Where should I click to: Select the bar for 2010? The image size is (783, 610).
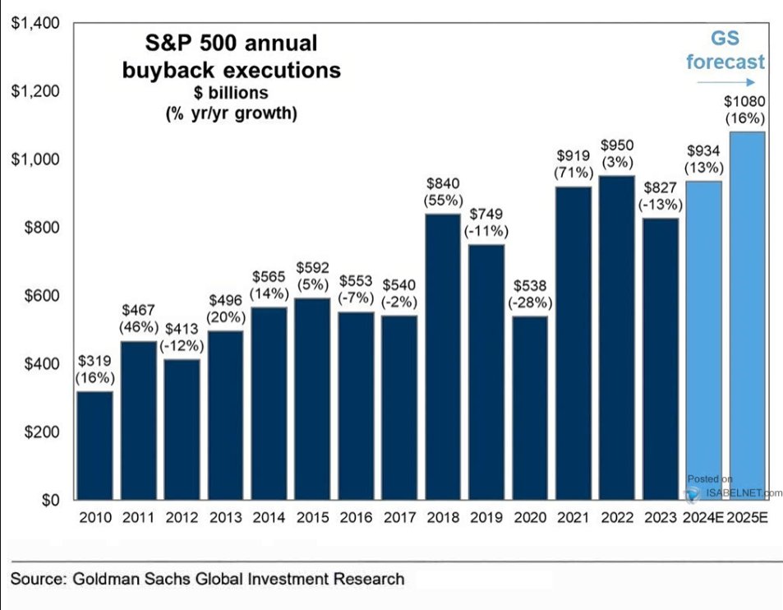click(94, 445)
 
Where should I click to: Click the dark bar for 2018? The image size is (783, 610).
click(443, 357)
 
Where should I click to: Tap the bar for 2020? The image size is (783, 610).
click(530, 408)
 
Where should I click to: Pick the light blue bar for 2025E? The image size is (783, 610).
click(747, 316)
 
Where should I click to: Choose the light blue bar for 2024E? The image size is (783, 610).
click(703, 340)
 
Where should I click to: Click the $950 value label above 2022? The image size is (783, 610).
click(617, 146)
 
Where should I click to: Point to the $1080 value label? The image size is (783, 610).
click(744, 101)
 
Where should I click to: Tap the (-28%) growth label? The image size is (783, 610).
click(530, 303)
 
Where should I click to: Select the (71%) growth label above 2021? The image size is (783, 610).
click(573, 173)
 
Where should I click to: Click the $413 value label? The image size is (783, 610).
click(182, 329)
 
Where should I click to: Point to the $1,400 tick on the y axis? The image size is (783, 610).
click(35, 23)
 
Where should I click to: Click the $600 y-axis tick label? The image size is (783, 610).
click(42, 295)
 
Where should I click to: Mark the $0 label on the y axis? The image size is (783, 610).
click(50, 500)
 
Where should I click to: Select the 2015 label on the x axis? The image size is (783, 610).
click(312, 517)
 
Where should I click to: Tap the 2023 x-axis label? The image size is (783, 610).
click(660, 517)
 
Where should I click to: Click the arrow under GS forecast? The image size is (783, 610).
click(726, 82)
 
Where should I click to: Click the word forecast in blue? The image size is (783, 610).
click(725, 62)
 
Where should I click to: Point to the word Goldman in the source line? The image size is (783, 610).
click(106, 579)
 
